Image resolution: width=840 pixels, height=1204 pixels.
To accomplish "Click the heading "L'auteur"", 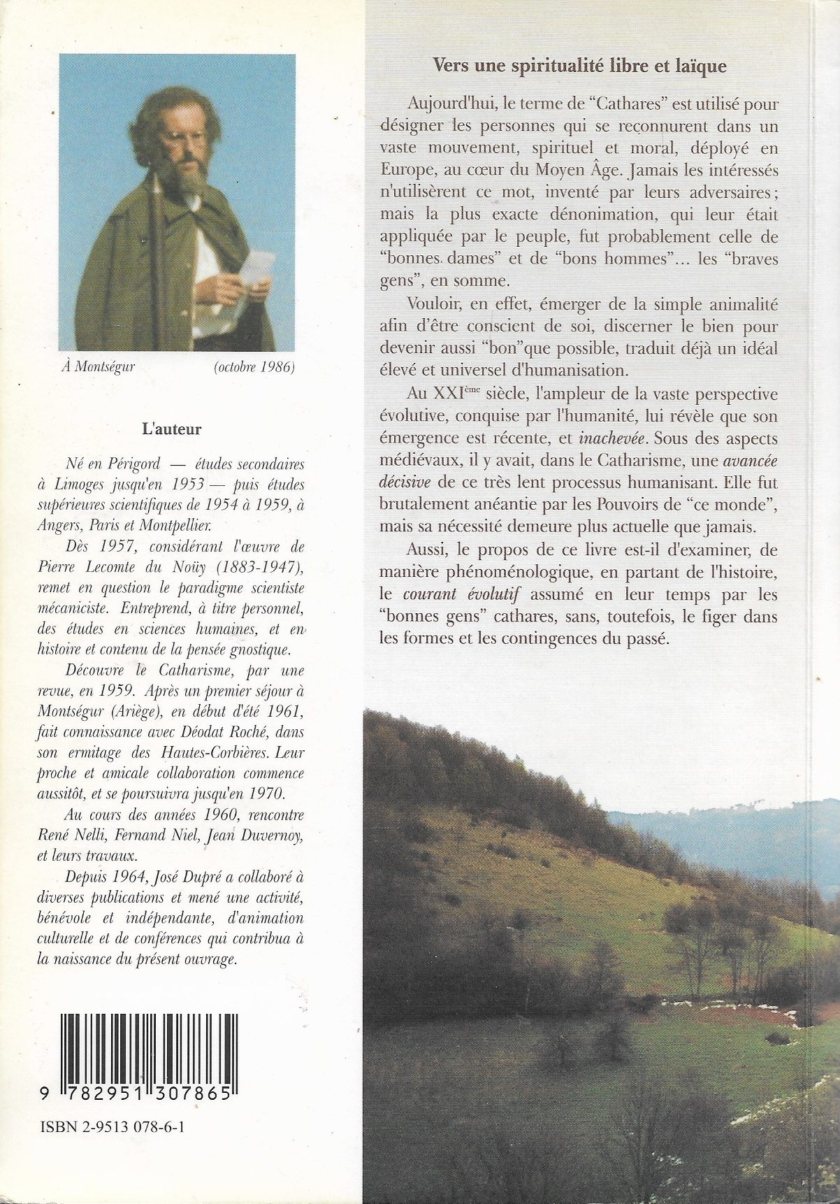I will [x=171, y=429].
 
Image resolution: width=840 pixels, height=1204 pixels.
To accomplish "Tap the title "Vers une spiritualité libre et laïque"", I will [x=579, y=66].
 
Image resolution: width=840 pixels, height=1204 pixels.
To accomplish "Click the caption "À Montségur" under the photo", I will [x=98, y=368].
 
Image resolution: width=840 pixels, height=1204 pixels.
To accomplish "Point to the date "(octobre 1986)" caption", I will [x=254, y=368].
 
